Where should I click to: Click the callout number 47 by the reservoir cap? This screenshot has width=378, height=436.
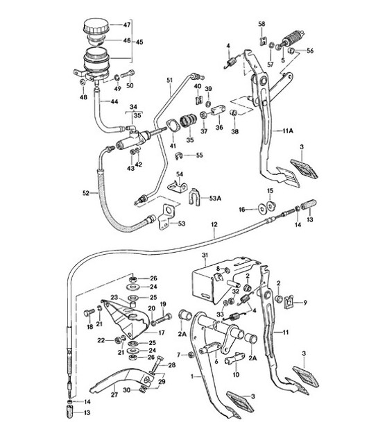pos(127,25)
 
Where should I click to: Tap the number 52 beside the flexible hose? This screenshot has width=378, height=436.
pos(85,193)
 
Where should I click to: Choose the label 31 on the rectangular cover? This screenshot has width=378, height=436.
pos(204,258)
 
